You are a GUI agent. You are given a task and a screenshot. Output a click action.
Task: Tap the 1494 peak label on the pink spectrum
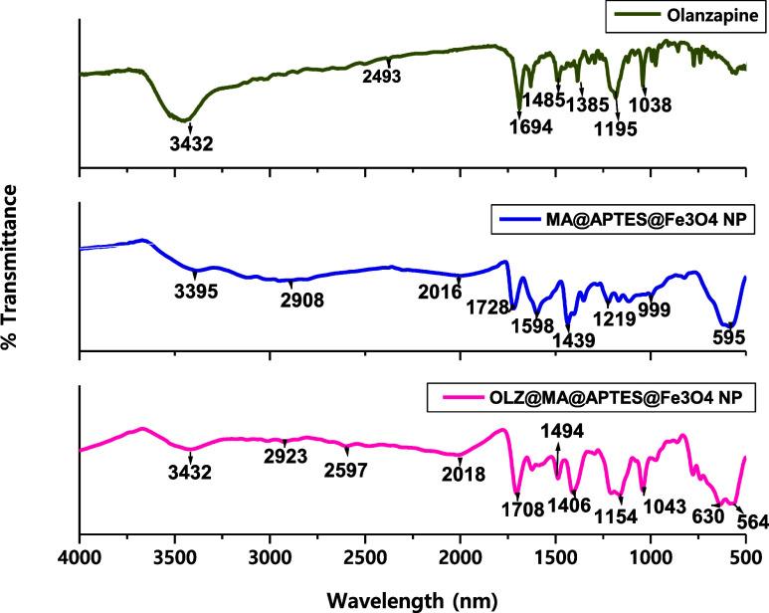pos(559,429)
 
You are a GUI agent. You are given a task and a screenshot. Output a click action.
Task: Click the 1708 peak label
pos(523,510)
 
